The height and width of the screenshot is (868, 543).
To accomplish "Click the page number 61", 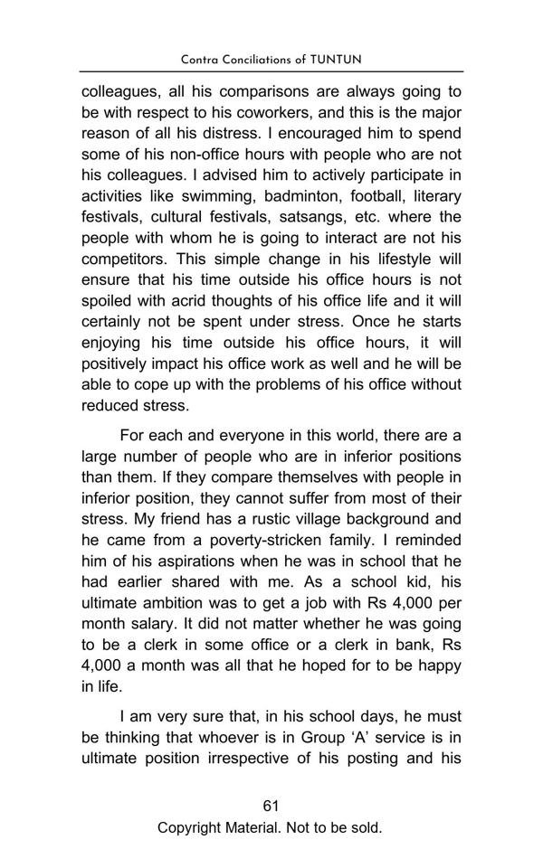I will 271,806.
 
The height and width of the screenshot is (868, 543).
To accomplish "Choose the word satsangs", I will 309,216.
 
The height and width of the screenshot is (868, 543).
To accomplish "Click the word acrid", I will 169,299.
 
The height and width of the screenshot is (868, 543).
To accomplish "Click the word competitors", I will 123,258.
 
